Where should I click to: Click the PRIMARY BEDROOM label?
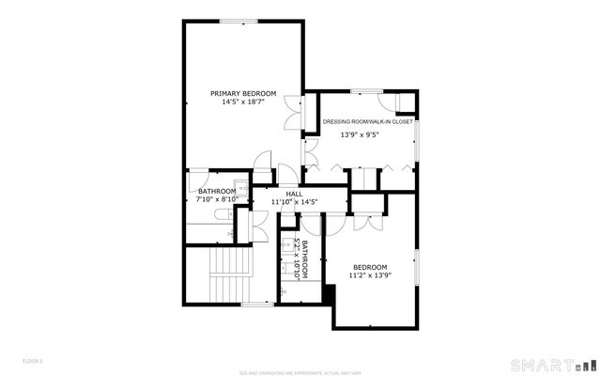click(x=243, y=93)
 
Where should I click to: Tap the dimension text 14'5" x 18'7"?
click(x=243, y=102)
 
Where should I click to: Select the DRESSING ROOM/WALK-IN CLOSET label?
click(x=367, y=121)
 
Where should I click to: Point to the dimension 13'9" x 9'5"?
click(x=359, y=134)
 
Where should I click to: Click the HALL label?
click(x=294, y=193)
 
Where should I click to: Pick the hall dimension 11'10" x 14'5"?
click(x=294, y=201)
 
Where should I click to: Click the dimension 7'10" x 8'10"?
click(x=216, y=199)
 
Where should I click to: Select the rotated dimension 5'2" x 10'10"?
click(x=296, y=258)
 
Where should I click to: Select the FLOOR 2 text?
click(x=33, y=360)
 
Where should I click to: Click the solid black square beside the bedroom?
click(x=328, y=293)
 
